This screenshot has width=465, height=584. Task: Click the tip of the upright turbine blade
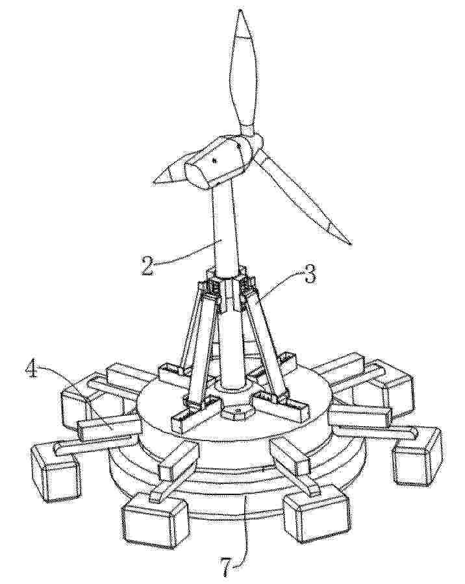click(x=241, y=11)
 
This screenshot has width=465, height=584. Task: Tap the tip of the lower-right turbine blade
click(x=350, y=244)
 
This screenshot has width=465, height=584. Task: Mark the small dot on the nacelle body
click(x=214, y=160)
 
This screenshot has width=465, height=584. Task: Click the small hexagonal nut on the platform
click(x=237, y=412)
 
